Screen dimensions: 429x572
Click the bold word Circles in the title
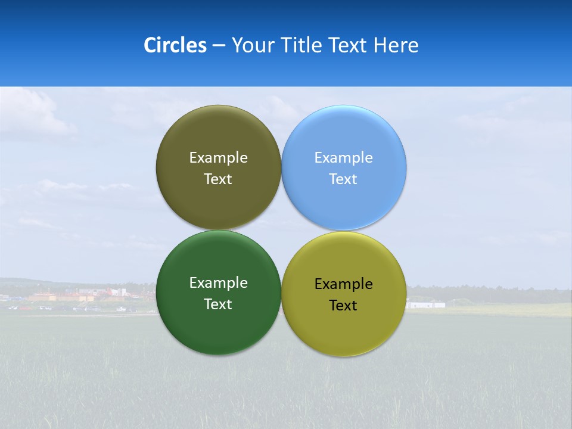coord(175,45)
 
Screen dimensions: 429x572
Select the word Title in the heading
coord(304,45)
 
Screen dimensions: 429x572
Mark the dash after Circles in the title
coord(219,46)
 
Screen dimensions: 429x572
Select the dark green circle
coord(218,322)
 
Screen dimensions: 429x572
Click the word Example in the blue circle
coord(344,158)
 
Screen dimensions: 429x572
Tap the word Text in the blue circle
coord(343,179)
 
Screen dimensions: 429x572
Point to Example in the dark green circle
coord(218,283)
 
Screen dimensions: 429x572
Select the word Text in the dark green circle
coord(218,304)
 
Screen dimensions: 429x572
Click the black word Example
coord(344,284)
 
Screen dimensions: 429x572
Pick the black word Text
coord(343,306)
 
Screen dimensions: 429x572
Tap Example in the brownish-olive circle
coord(218,158)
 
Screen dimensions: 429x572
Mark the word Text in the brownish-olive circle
coord(218,179)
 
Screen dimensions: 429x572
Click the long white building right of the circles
coord(425,305)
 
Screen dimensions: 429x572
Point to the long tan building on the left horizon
coord(51,297)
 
